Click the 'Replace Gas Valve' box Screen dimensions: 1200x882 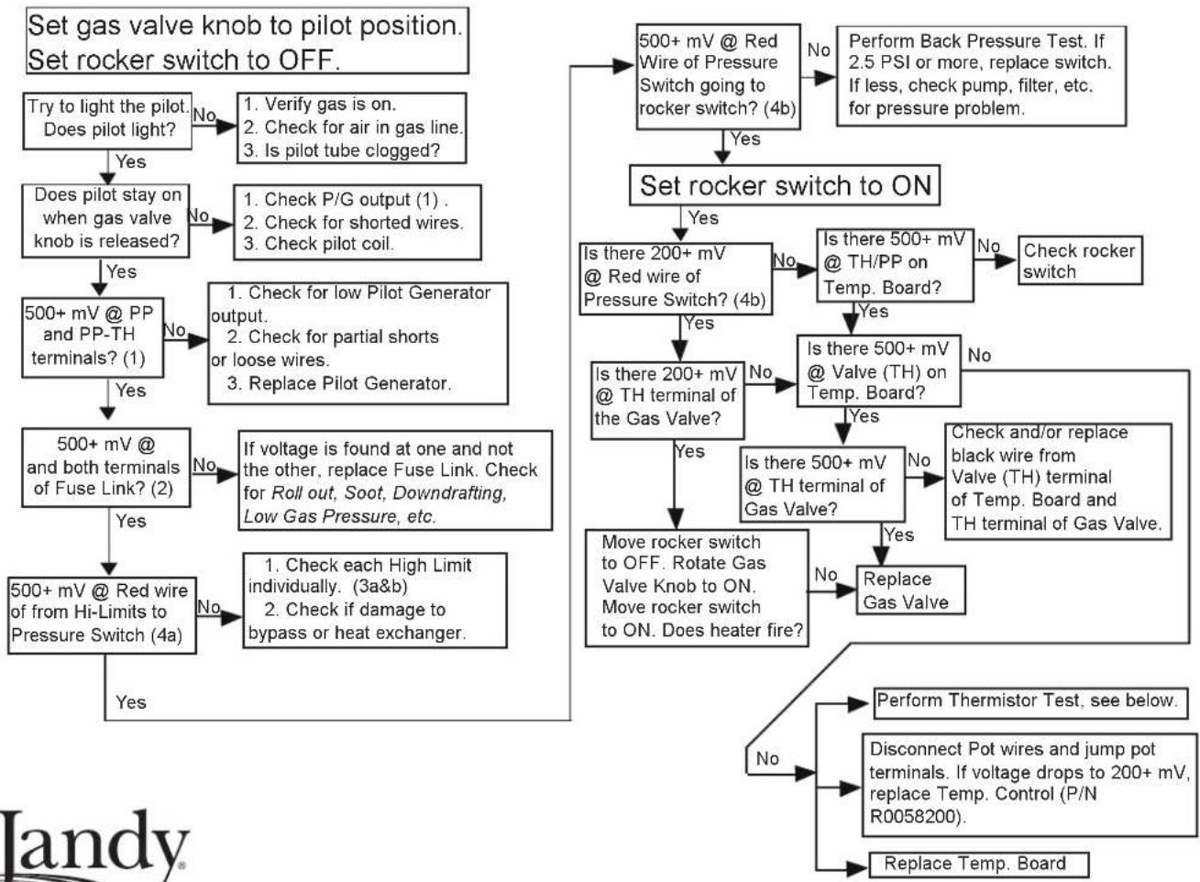coord(910,590)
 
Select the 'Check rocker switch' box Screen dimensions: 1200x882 coord(1080,260)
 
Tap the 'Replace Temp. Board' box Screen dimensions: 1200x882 coord(979,864)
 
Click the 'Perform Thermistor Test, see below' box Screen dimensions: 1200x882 coord(1030,703)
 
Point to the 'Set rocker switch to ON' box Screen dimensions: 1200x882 coord(785,185)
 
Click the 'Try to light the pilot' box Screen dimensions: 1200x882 coord(107,121)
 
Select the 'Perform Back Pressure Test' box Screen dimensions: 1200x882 coord(982,76)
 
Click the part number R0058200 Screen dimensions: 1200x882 coord(916,817)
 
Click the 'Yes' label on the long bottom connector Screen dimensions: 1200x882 coord(131,702)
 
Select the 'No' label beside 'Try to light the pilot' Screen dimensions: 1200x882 coord(204,115)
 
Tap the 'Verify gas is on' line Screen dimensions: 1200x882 coord(320,104)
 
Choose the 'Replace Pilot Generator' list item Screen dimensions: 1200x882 coord(339,383)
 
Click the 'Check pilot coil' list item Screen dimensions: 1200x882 coord(318,244)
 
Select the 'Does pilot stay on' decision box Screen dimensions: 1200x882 coord(105,221)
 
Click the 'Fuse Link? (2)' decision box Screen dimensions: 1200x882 coord(106,468)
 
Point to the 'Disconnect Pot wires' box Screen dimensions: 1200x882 coord(1029,785)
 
